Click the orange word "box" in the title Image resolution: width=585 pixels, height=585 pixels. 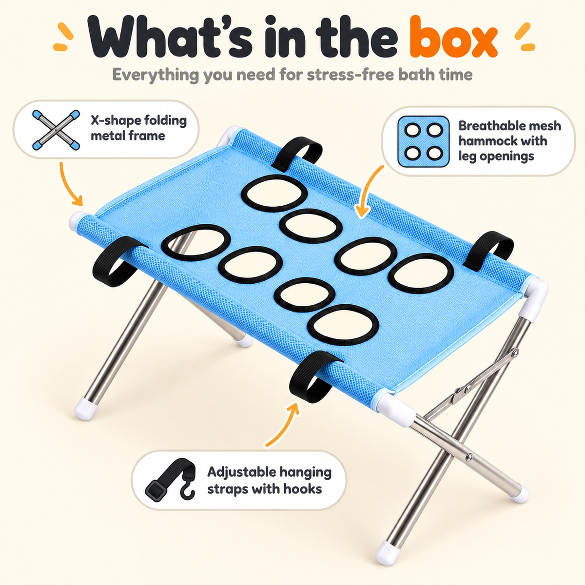pyautogui.click(x=453, y=37)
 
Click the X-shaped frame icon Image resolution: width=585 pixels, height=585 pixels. pyautogui.click(x=56, y=130)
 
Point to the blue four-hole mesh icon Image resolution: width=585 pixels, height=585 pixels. pyautogui.click(x=424, y=142)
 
